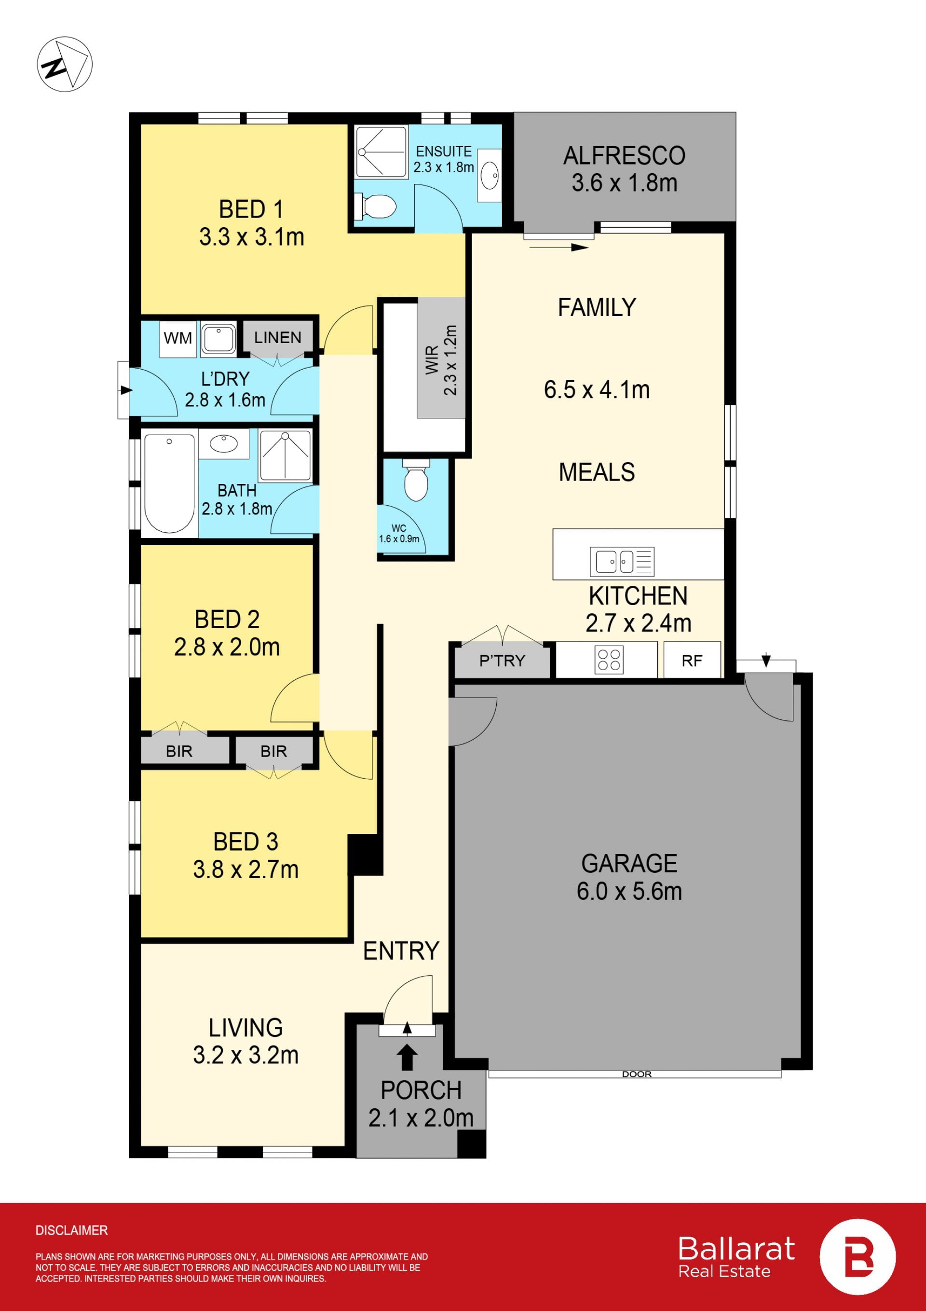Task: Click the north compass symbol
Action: (x=65, y=64)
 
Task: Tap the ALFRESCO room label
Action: (x=624, y=156)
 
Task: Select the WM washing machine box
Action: (x=178, y=339)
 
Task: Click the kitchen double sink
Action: (x=622, y=561)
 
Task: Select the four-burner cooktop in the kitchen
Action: (x=609, y=660)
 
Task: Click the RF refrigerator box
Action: (x=692, y=660)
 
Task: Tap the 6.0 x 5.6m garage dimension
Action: (x=629, y=891)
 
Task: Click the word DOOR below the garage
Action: (x=637, y=1074)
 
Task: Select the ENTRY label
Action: (x=401, y=951)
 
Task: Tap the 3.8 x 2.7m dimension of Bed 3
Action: (x=245, y=869)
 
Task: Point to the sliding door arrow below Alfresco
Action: (x=559, y=247)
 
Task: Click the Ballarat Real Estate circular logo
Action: (x=858, y=1257)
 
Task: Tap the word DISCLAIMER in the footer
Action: (x=71, y=1230)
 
